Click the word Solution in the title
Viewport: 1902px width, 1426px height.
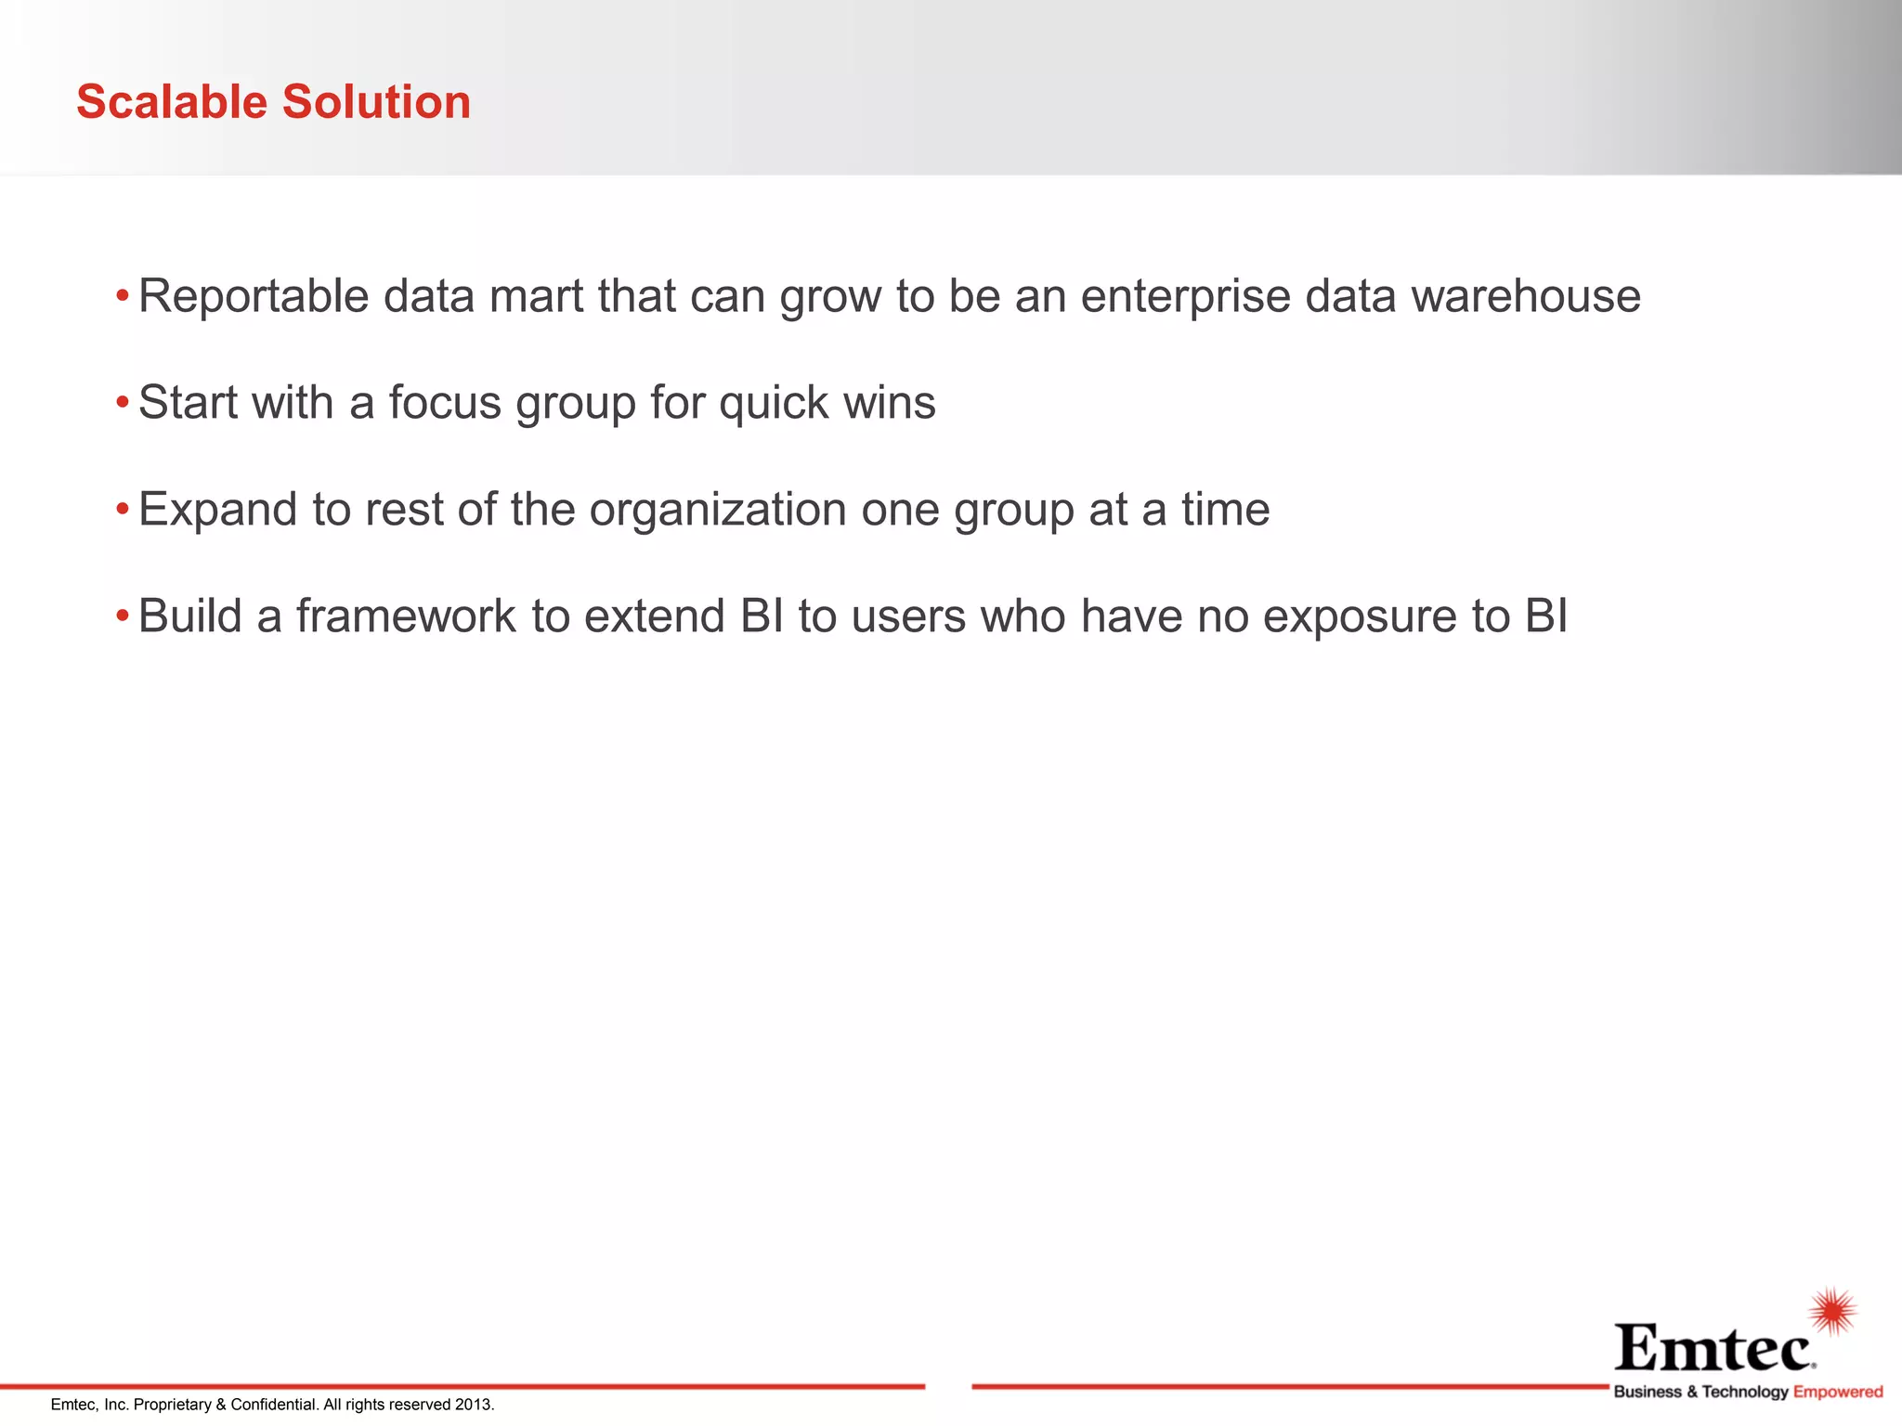coord(377,102)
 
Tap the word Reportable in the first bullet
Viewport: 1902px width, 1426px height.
coord(254,297)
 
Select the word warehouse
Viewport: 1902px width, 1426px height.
coord(1526,297)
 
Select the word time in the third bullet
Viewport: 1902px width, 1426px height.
coord(1225,510)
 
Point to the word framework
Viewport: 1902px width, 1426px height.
coord(406,616)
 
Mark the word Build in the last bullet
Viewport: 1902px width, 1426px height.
coord(190,616)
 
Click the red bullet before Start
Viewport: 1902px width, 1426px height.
coord(122,404)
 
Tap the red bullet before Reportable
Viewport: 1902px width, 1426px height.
coord(122,297)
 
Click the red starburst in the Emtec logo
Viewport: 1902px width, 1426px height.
coord(1832,1312)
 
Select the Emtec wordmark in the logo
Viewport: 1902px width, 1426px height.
coord(1713,1348)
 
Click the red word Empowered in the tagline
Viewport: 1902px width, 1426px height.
coord(1838,1392)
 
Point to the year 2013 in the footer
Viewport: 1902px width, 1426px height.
coord(474,1405)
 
